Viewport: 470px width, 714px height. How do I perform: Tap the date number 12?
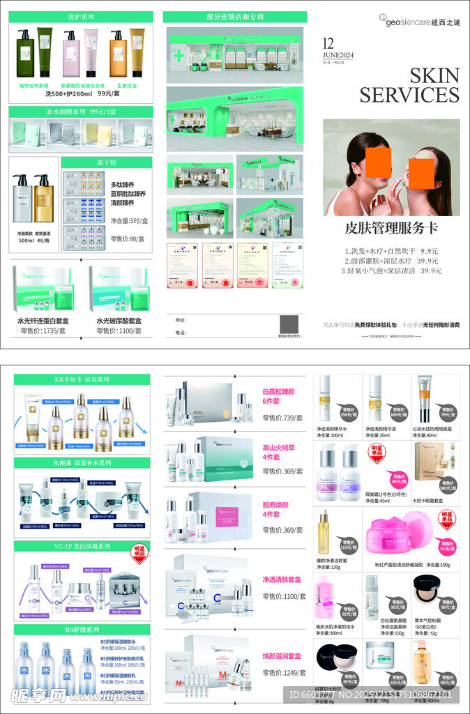click(x=330, y=43)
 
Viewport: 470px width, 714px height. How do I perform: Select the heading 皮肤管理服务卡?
click(x=391, y=228)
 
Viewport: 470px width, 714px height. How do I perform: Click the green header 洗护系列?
click(x=82, y=16)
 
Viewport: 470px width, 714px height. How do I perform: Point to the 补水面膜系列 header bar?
click(x=82, y=112)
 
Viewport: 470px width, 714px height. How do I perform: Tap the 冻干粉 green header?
click(x=106, y=162)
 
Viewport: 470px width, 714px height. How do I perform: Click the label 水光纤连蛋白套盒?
click(x=43, y=321)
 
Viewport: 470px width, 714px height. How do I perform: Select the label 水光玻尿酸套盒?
click(x=119, y=321)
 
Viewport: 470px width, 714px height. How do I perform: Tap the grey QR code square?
click(x=289, y=325)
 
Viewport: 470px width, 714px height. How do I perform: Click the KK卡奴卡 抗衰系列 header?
click(x=82, y=380)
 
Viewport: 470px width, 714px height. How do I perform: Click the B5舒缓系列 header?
click(x=82, y=629)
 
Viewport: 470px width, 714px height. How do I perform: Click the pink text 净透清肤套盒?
click(x=282, y=579)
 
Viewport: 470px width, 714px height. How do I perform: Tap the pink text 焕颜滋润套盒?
click(x=282, y=656)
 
